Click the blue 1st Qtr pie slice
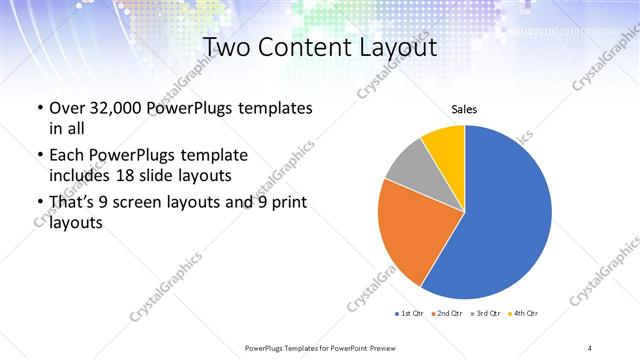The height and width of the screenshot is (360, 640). coord(505,220)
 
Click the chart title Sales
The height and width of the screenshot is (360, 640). coord(465,108)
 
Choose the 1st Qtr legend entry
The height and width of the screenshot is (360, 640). coord(410,314)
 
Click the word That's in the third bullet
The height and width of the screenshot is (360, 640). coord(75,203)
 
